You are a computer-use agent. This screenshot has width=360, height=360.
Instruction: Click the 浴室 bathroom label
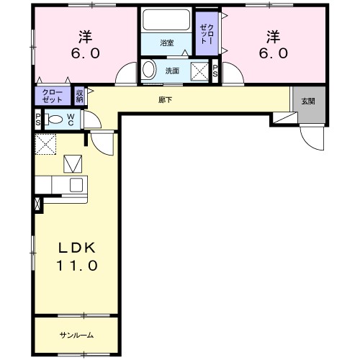(x=167, y=43)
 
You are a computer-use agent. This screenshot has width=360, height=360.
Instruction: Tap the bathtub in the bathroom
(x=166, y=19)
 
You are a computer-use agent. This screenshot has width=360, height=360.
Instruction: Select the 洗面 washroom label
(x=172, y=71)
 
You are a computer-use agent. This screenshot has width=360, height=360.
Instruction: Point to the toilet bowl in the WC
(x=54, y=120)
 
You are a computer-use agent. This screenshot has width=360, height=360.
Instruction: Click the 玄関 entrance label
(x=308, y=102)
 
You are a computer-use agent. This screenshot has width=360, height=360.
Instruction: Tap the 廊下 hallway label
(x=166, y=100)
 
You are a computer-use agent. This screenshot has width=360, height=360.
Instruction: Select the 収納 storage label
(x=79, y=96)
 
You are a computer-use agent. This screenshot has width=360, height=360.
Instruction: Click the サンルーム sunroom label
(x=76, y=336)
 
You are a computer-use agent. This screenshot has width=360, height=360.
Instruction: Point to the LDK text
(x=77, y=248)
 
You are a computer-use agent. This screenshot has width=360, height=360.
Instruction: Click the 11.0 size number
(x=77, y=266)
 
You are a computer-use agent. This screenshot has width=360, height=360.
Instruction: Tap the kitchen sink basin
(x=76, y=185)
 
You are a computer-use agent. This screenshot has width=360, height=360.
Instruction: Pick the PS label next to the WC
(x=38, y=120)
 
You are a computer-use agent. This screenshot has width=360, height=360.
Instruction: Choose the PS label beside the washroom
(x=215, y=71)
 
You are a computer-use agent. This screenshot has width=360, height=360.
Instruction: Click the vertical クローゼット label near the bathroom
(x=207, y=34)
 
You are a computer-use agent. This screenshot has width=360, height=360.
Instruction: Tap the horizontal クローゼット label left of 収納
(x=53, y=96)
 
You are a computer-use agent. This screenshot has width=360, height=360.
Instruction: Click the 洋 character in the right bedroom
(x=273, y=37)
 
